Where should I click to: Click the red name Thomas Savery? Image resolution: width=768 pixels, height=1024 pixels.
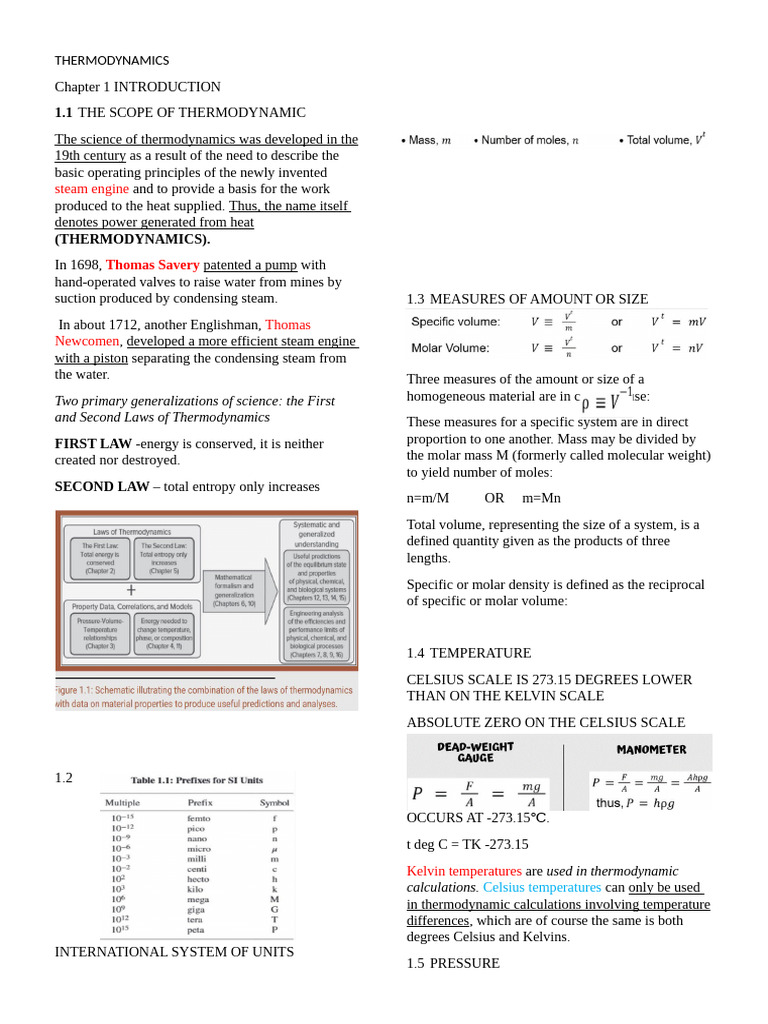pos(152,265)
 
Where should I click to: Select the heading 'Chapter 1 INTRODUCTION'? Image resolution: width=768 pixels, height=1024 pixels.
pos(137,87)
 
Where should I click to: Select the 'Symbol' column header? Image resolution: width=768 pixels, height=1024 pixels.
pos(275,802)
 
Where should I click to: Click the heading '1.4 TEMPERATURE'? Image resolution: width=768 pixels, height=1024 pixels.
pos(469,653)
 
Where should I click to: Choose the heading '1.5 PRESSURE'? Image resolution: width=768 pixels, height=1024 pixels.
pos(453,963)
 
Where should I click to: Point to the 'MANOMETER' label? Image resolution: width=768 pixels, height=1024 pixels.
pos(651,749)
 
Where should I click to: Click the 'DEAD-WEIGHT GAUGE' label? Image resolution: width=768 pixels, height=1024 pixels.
pos(475,752)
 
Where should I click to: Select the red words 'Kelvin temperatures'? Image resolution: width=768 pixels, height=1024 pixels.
pos(464,871)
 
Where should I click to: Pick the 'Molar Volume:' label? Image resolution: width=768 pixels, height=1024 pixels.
pos(450,348)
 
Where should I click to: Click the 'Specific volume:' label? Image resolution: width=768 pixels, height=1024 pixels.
pos(455,321)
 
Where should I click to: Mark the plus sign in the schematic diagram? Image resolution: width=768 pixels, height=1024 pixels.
pos(131,590)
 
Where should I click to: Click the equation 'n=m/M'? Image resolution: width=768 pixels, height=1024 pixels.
pos(428,498)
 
